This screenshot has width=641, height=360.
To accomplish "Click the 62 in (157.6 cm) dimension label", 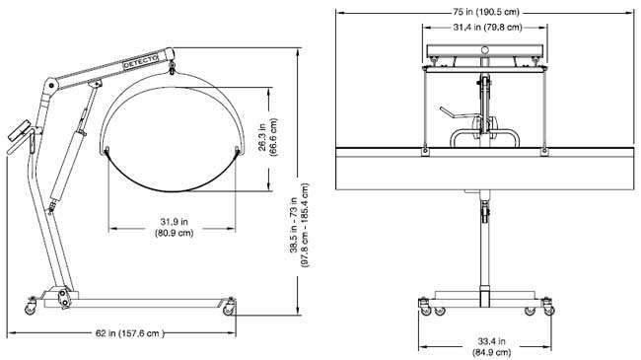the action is pos(129,333).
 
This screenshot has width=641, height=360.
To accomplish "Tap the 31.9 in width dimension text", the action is pos(175,227).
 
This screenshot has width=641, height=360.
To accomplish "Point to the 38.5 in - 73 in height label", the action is pos(299,225).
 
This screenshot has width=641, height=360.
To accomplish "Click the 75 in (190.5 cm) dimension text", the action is pos(486,12).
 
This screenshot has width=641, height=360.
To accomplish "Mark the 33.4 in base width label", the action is pos(491,346).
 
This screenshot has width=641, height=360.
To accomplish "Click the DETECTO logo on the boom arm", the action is pos(141,62).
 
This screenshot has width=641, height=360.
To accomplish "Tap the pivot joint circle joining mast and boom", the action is pos(51,86).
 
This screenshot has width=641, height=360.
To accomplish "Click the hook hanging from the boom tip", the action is pos(173,68).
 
